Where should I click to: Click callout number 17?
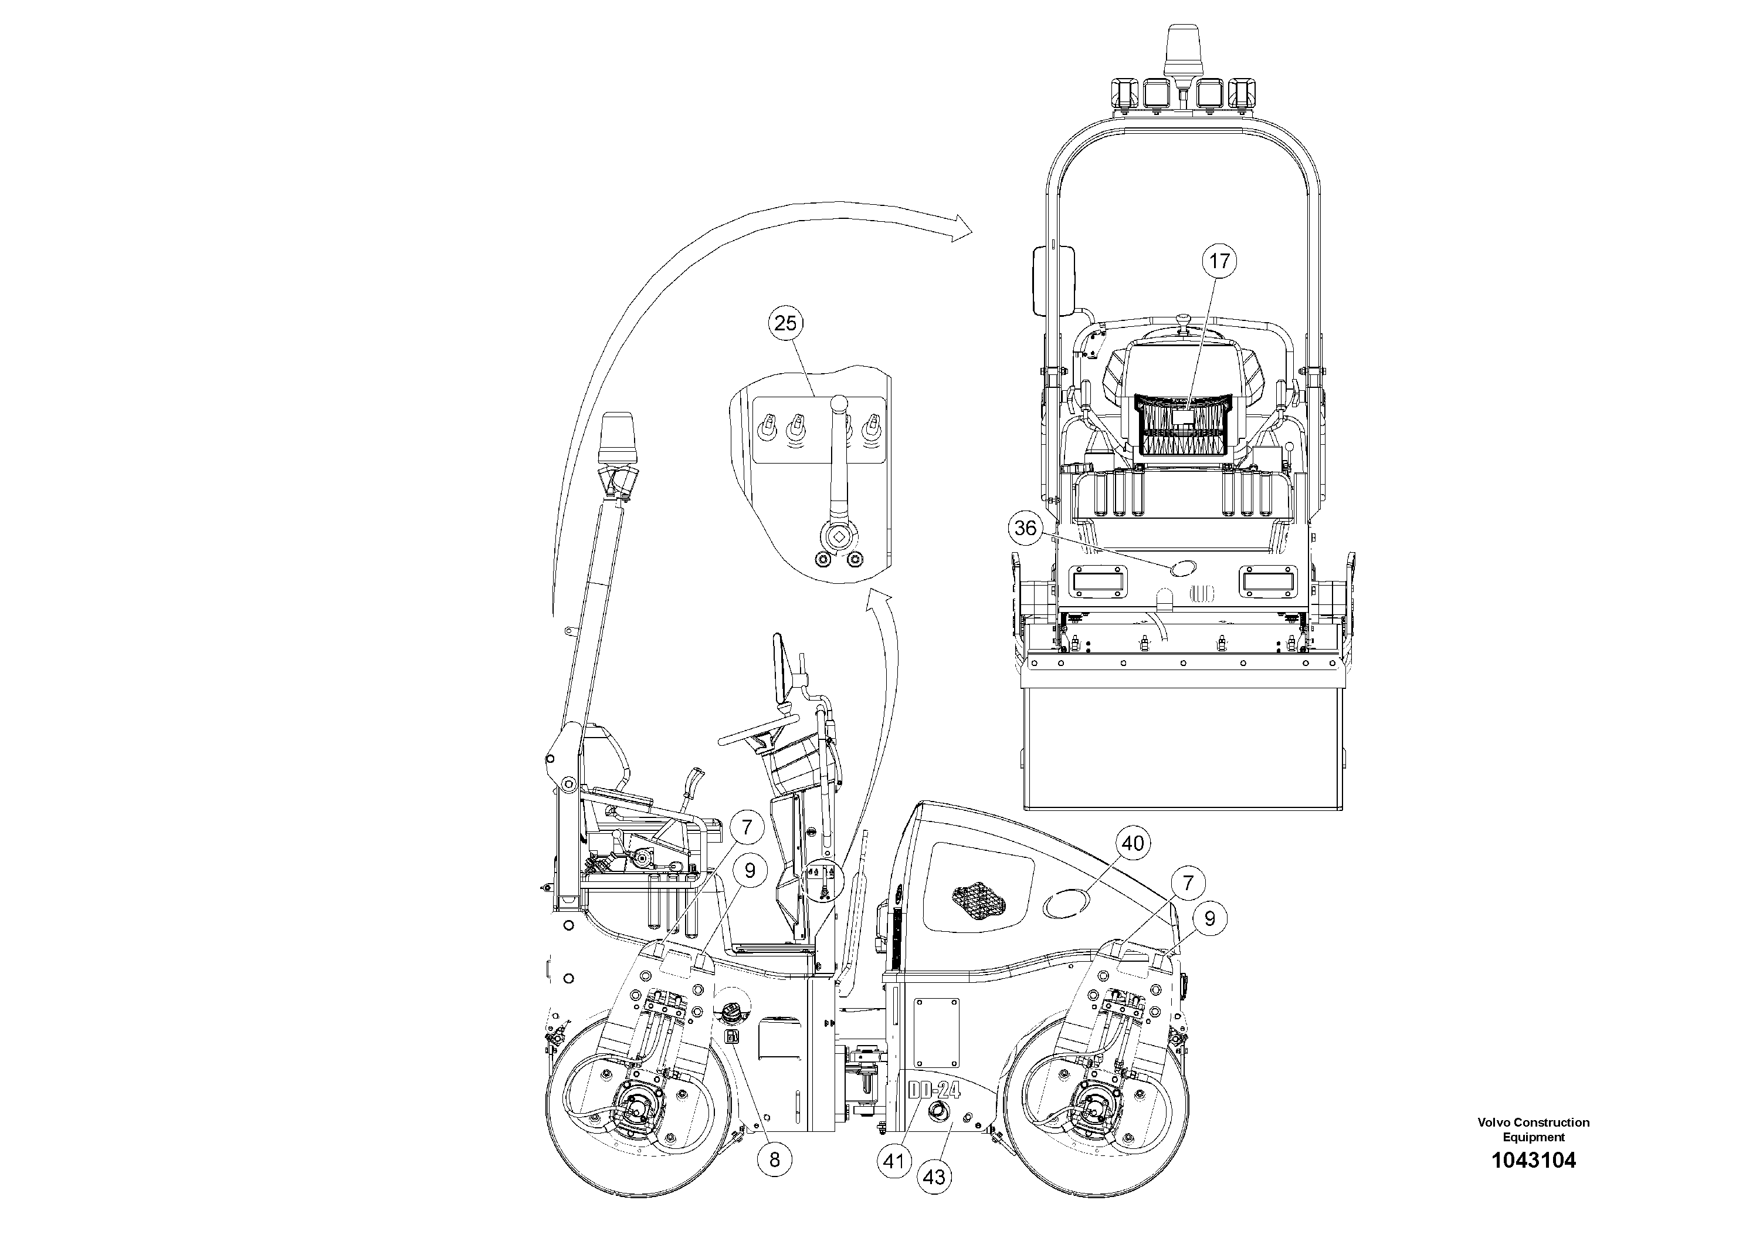[x=1219, y=261]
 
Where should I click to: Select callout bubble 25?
[x=785, y=323]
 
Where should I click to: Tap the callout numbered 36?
[x=1025, y=528]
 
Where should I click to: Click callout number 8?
[x=774, y=1159]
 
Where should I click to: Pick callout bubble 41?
[x=894, y=1161]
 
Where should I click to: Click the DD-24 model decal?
[x=934, y=1090]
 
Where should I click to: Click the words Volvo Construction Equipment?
[x=1533, y=1129]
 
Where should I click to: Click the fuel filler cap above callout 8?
[x=730, y=1012]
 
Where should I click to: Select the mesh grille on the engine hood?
[x=979, y=901]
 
